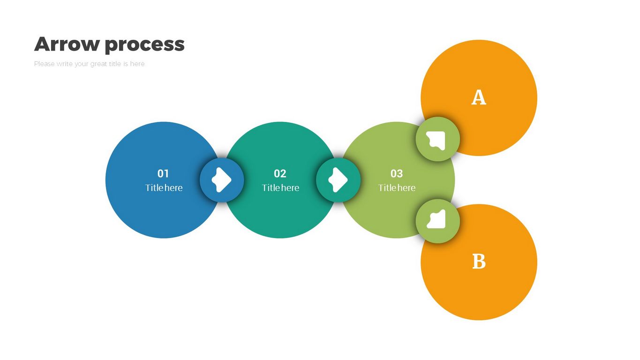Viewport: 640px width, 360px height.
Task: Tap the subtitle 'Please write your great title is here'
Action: pyautogui.click(x=89, y=64)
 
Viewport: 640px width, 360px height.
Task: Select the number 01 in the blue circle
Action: pyautogui.click(x=163, y=174)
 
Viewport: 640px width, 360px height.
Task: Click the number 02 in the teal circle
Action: pyautogui.click(x=280, y=174)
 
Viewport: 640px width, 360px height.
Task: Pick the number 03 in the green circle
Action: pyautogui.click(x=397, y=174)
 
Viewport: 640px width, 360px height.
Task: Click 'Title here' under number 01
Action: pyautogui.click(x=164, y=188)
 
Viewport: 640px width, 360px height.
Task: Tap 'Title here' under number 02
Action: pyautogui.click(x=280, y=188)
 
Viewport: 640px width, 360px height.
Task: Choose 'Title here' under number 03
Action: pyautogui.click(x=397, y=188)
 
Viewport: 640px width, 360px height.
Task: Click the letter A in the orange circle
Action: pyautogui.click(x=478, y=97)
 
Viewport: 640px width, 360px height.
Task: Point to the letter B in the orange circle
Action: pyautogui.click(x=479, y=262)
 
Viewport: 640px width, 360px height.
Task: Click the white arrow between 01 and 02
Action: pyautogui.click(x=221, y=180)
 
